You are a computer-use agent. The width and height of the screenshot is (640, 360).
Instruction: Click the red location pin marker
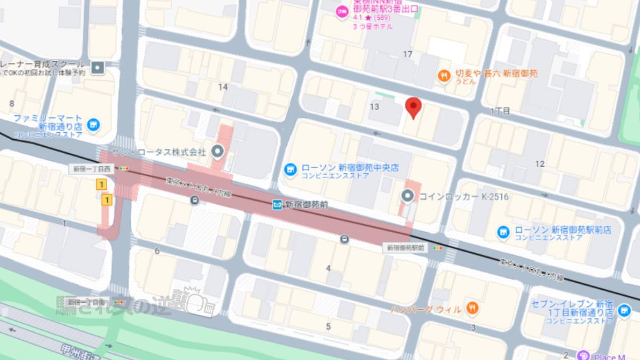click(x=413, y=107)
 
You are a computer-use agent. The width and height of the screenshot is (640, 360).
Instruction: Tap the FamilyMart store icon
click(x=94, y=124)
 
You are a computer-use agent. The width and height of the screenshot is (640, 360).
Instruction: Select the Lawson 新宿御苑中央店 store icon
click(x=290, y=170)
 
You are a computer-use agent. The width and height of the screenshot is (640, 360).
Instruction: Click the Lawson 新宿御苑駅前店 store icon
click(x=502, y=232)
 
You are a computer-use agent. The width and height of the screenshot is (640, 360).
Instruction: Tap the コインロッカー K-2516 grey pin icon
click(x=407, y=197)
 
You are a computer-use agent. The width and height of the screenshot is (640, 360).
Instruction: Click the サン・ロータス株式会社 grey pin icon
click(x=217, y=152)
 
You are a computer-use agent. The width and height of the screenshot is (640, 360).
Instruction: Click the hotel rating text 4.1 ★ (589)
click(x=372, y=18)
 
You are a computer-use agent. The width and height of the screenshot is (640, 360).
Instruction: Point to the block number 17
click(x=408, y=54)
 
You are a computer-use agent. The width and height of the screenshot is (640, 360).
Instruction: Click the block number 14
click(x=223, y=86)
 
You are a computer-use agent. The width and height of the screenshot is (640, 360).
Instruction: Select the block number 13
click(x=374, y=107)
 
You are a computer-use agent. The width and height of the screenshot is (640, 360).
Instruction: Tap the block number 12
click(x=540, y=164)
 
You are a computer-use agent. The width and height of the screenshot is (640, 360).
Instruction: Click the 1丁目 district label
click(x=500, y=110)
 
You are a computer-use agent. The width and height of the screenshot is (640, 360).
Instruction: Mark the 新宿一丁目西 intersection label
click(x=92, y=169)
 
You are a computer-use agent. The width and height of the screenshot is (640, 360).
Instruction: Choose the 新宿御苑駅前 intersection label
click(x=406, y=248)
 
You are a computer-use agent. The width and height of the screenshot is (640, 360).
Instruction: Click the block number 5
click(x=328, y=326)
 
